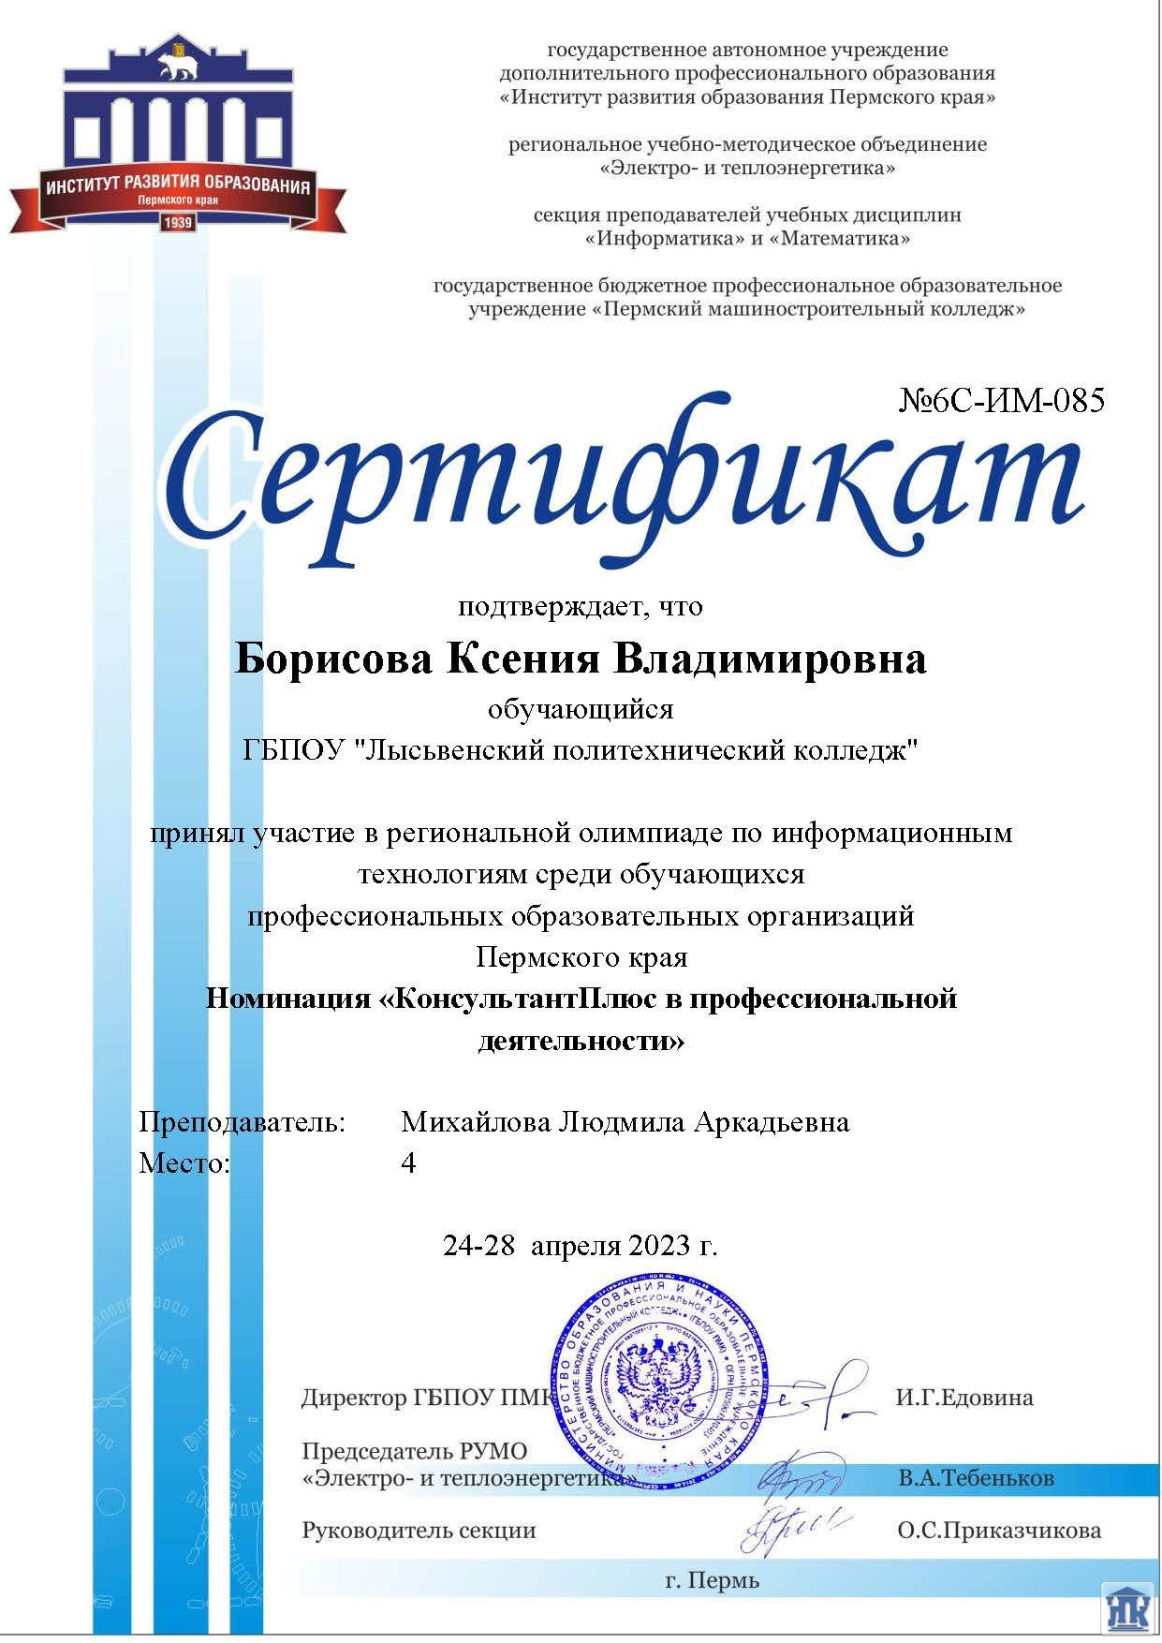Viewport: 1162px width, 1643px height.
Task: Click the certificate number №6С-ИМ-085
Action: coord(1002,401)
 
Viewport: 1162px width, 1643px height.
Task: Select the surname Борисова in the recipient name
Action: coord(333,659)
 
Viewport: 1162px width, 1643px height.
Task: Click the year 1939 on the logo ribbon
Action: coord(178,223)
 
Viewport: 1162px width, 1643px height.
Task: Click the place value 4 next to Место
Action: coord(408,1163)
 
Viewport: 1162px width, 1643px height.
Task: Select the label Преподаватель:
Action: coord(243,1122)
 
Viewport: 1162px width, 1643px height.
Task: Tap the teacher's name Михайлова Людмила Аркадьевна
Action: coord(625,1122)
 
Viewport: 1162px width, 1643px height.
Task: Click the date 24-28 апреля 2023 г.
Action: coord(581,1245)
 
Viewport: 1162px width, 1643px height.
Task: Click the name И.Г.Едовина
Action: coord(964,1398)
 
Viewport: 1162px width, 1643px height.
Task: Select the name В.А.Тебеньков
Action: coord(976,1478)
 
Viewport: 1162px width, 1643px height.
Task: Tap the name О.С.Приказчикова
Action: coord(999,1531)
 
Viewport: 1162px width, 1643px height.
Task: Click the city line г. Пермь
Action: coord(712,1581)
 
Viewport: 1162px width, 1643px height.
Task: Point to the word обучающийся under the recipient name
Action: coord(581,709)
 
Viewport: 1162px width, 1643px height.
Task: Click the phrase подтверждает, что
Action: coord(581,607)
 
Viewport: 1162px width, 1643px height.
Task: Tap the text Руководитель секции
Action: coord(419,1531)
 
